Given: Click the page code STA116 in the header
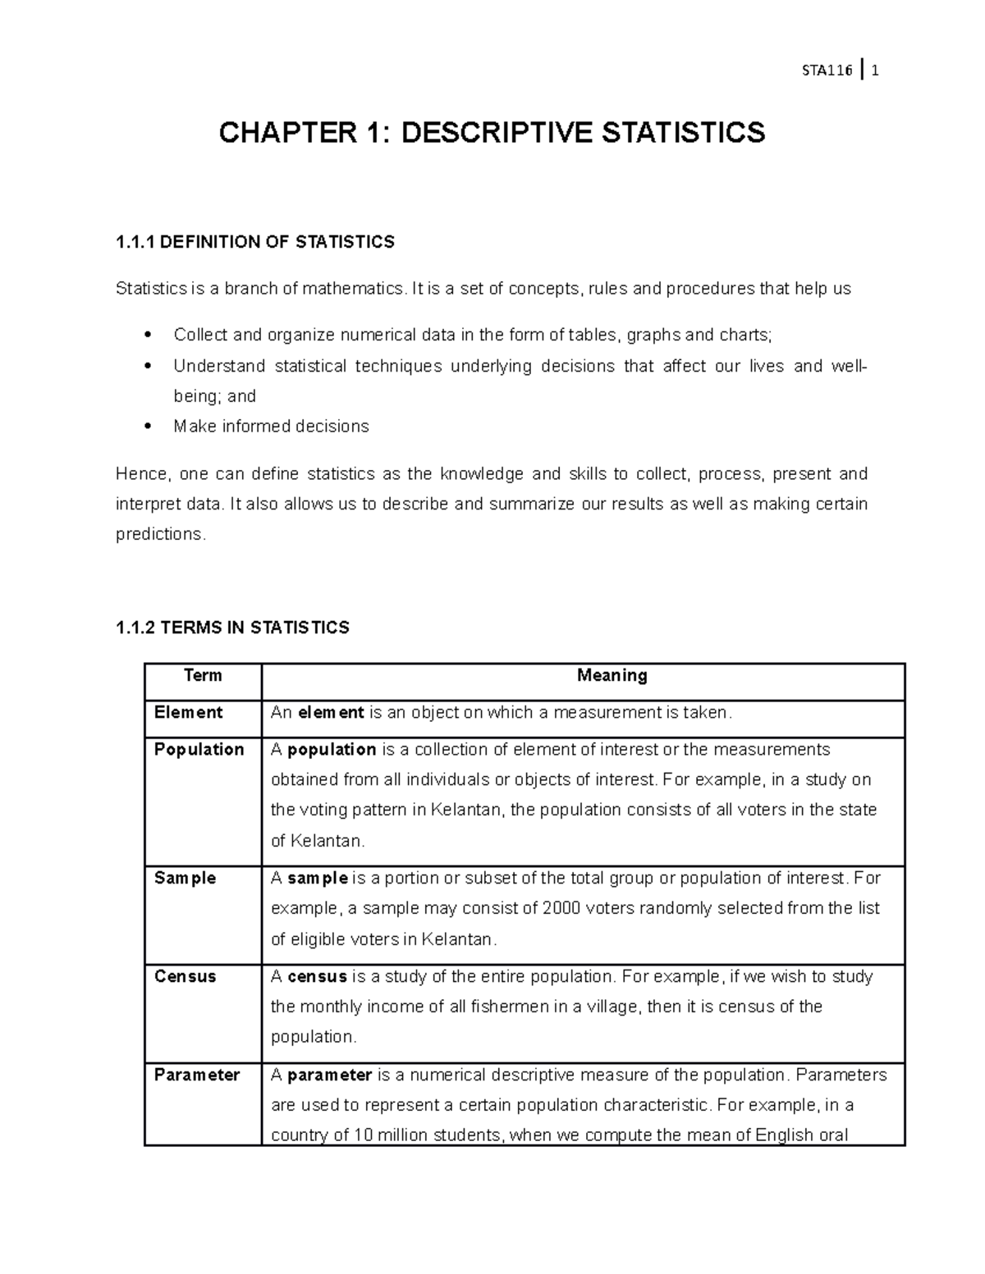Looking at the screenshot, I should [827, 71].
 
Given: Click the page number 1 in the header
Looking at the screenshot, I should [876, 71].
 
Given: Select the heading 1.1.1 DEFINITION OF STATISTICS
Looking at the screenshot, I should [255, 242].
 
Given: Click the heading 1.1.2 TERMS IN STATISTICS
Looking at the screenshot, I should [232, 628].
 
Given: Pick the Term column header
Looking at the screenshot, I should [203, 675].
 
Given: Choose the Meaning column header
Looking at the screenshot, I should [612, 675].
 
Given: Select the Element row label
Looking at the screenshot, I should [188, 712].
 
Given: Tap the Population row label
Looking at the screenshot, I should [199, 749].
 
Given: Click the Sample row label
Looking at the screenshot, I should [185, 878].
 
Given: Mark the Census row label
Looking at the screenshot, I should [185, 976].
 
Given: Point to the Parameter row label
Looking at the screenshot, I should [197, 1075].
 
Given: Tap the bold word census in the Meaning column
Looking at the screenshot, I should [317, 976].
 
